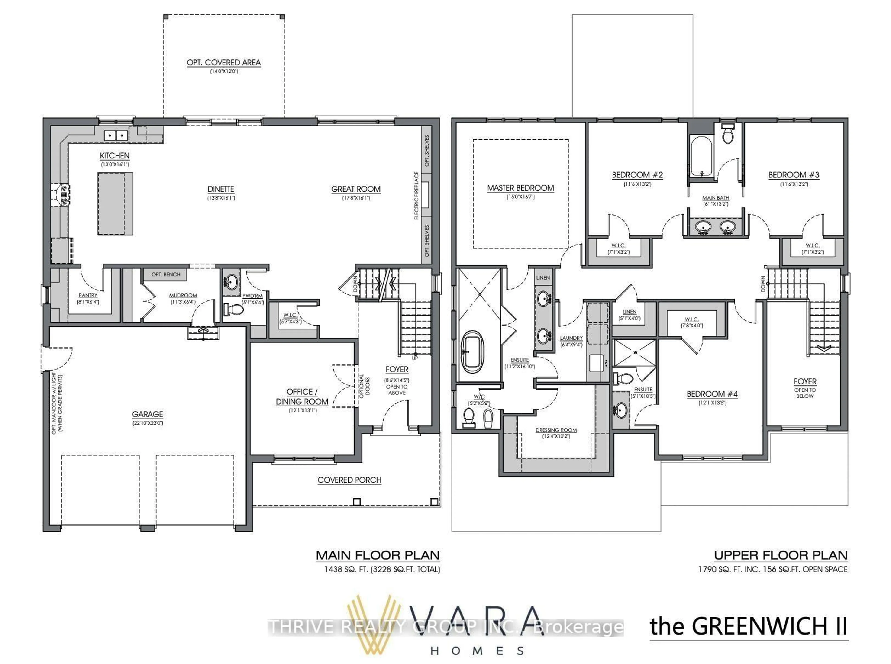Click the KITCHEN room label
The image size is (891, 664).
[115, 155]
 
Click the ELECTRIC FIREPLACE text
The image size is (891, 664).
[416, 196]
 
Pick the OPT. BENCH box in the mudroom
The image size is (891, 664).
[166, 274]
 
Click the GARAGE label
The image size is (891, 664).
[148, 414]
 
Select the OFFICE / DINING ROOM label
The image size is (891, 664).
[302, 396]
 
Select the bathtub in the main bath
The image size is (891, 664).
[701, 156]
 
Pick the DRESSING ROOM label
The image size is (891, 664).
[556, 430]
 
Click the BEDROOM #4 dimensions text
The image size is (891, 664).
[712, 402]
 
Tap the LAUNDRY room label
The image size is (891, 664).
[571, 338]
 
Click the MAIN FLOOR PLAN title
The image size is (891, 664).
[377, 555]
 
